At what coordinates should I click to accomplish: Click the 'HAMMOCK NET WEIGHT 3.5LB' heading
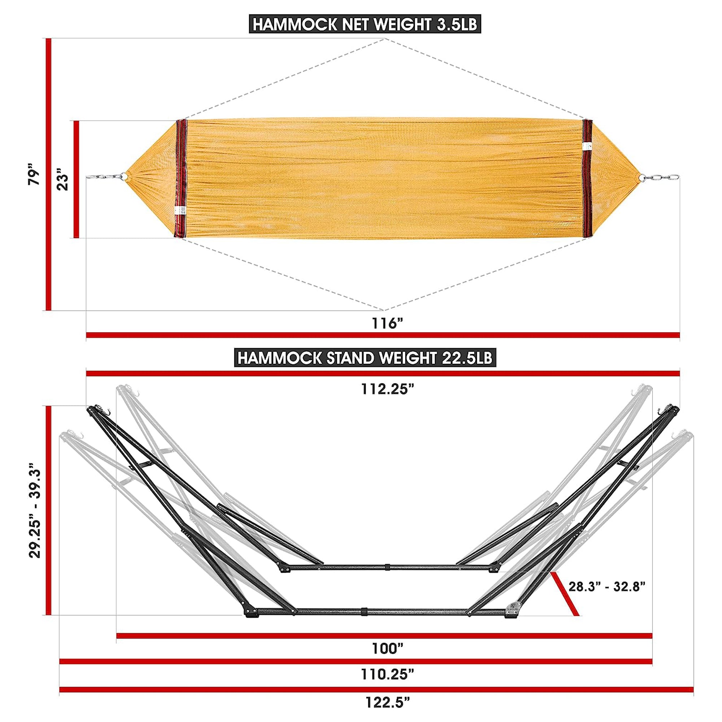point(365,25)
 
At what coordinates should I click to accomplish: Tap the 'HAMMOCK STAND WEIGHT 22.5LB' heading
point(365,358)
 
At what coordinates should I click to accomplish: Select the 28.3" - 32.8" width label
point(607,597)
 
